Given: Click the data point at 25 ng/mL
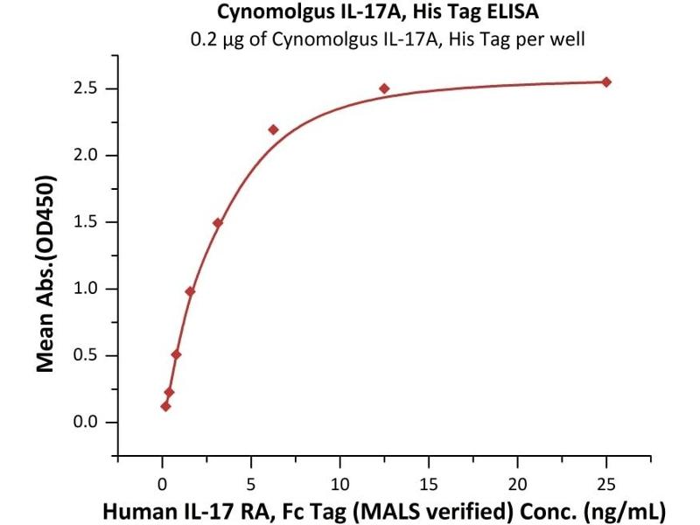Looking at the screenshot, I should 606,82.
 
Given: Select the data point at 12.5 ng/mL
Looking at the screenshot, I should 384,88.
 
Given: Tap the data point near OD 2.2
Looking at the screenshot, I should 273,129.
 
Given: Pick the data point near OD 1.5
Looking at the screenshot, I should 218,222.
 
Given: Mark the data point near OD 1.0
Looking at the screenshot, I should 190,291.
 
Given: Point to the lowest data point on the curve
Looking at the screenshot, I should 165,406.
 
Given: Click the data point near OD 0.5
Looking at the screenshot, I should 176,354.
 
